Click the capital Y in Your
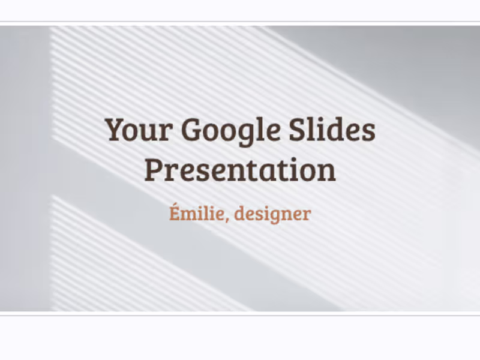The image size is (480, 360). pos(116,130)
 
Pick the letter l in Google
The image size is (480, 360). pos(259,130)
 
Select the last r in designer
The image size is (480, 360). pos(307,215)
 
